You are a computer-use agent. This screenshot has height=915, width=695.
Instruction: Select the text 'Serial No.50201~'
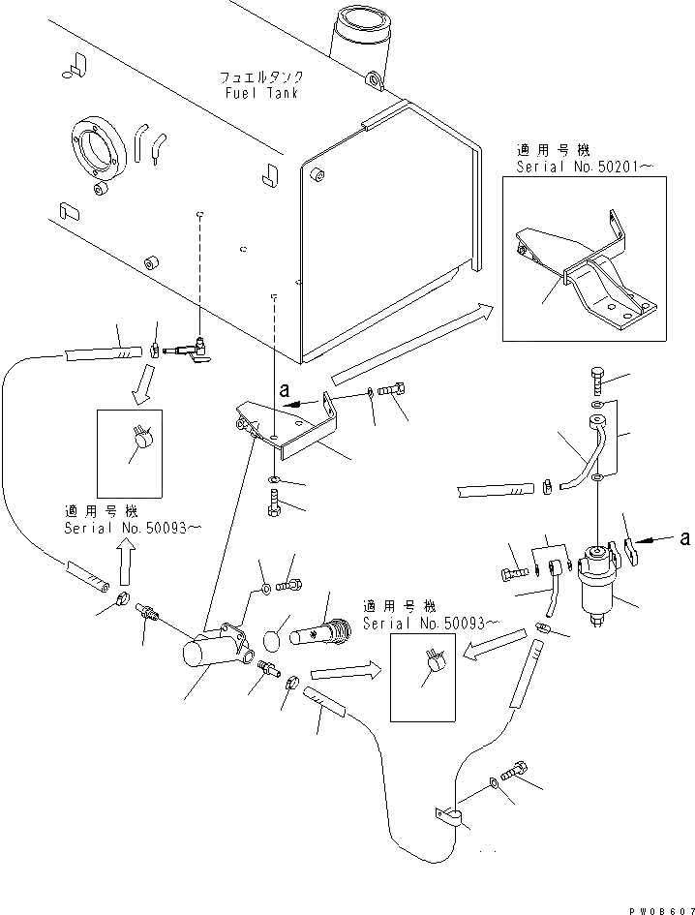pyautogui.click(x=585, y=168)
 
